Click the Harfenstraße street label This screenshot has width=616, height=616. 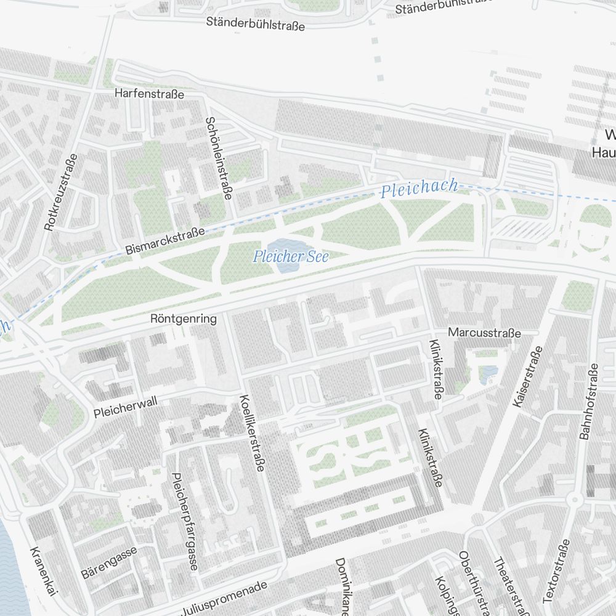(149, 94)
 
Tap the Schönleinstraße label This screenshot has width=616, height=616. (219, 158)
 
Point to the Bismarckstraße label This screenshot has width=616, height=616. (164, 241)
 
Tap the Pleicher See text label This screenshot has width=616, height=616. (291, 256)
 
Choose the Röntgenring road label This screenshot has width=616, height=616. (184, 319)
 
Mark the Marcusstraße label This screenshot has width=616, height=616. (484, 333)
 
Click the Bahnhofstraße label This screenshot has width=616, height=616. (588, 401)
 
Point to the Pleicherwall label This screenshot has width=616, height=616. (126, 408)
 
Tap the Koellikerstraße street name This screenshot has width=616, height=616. (253, 433)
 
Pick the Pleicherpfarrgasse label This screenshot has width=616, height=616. (185, 521)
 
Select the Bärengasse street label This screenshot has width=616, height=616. (109, 562)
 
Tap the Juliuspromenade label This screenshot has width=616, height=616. (224, 598)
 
